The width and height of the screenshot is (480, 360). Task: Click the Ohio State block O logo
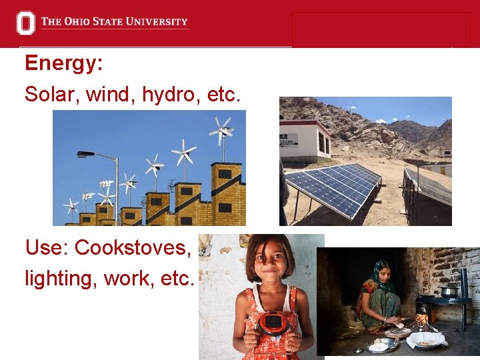pyautogui.click(x=25, y=23)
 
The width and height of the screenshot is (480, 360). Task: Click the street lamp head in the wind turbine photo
pyautogui.click(x=85, y=155)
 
